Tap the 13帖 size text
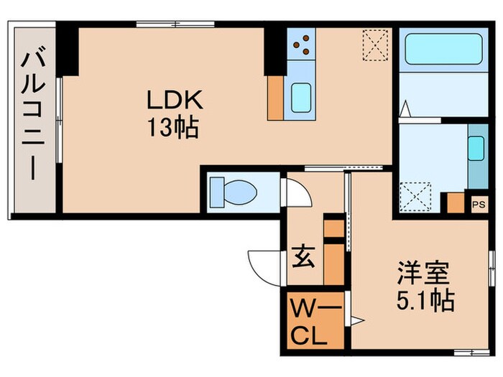click(172, 130)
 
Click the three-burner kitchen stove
click(302, 44)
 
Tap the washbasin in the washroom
click(475, 149)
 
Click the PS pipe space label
click(478, 204)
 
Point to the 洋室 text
click(425, 274)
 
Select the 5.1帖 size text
click(425, 299)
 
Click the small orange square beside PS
click(456, 203)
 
